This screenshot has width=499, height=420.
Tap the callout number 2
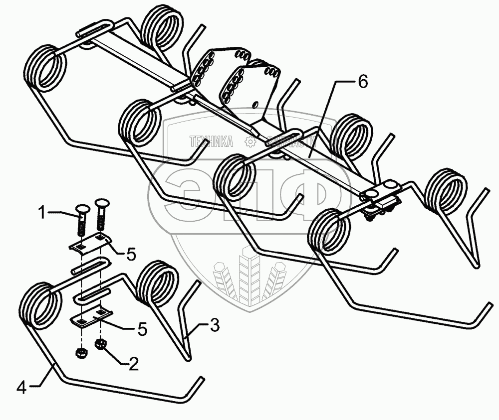click(x=133, y=365)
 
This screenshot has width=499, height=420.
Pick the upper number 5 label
click(x=131, y=255)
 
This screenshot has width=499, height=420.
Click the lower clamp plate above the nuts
click(x=92, y=317)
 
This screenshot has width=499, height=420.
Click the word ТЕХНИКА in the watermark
click(x=212, y=142)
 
